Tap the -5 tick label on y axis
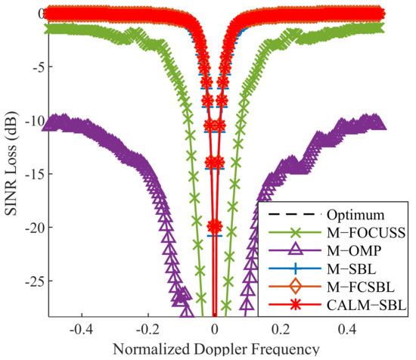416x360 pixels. tap(33, 67)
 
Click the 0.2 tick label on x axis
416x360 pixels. tap(282, 331)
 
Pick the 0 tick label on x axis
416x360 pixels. tap(215, 331)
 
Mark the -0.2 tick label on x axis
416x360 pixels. tap(147, 331)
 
